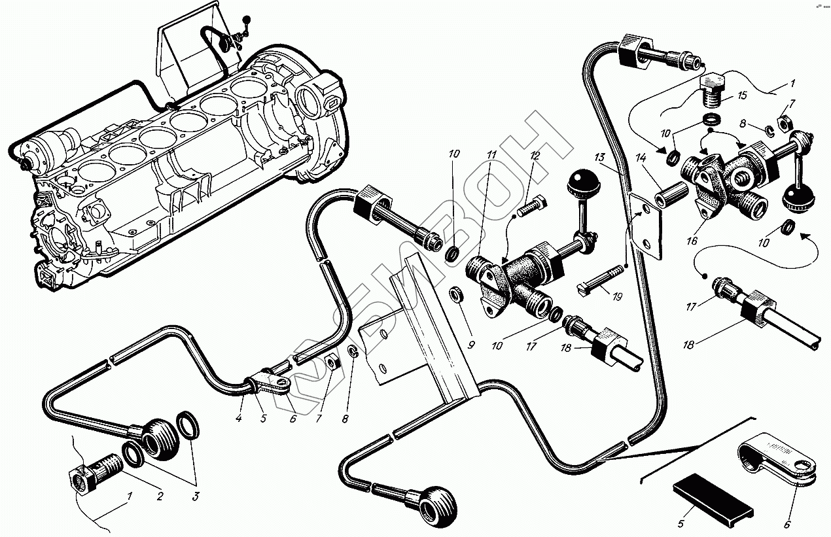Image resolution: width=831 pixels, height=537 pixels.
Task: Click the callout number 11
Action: pos(491,155)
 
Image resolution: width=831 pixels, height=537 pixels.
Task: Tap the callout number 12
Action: pos(535,156)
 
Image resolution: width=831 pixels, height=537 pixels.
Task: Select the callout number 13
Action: pos(599,158)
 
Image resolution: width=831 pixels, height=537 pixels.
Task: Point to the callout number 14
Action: pos(639,158)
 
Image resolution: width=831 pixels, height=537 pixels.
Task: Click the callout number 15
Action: pos(741,95)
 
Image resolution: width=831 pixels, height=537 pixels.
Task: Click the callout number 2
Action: pos(159,496)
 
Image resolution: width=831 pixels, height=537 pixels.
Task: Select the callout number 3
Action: pos(194,496)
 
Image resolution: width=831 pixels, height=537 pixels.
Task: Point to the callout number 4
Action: pos(239,418)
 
